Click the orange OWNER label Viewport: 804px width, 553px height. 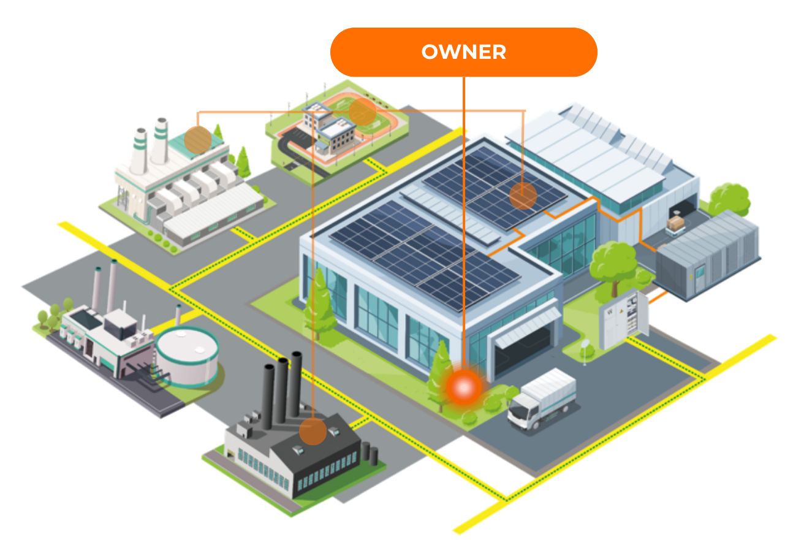coord(463,52)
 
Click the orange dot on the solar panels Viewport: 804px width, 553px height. coord(523,196)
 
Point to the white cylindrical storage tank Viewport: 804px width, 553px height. coord(186,356)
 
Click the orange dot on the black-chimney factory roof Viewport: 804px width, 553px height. coord(313,431)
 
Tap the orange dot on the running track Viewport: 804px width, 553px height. coord(362,112)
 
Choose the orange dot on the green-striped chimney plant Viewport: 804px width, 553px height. coord(197,139)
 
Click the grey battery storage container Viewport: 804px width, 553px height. coord(708,254)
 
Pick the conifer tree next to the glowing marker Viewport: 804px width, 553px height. coord(440,374)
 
